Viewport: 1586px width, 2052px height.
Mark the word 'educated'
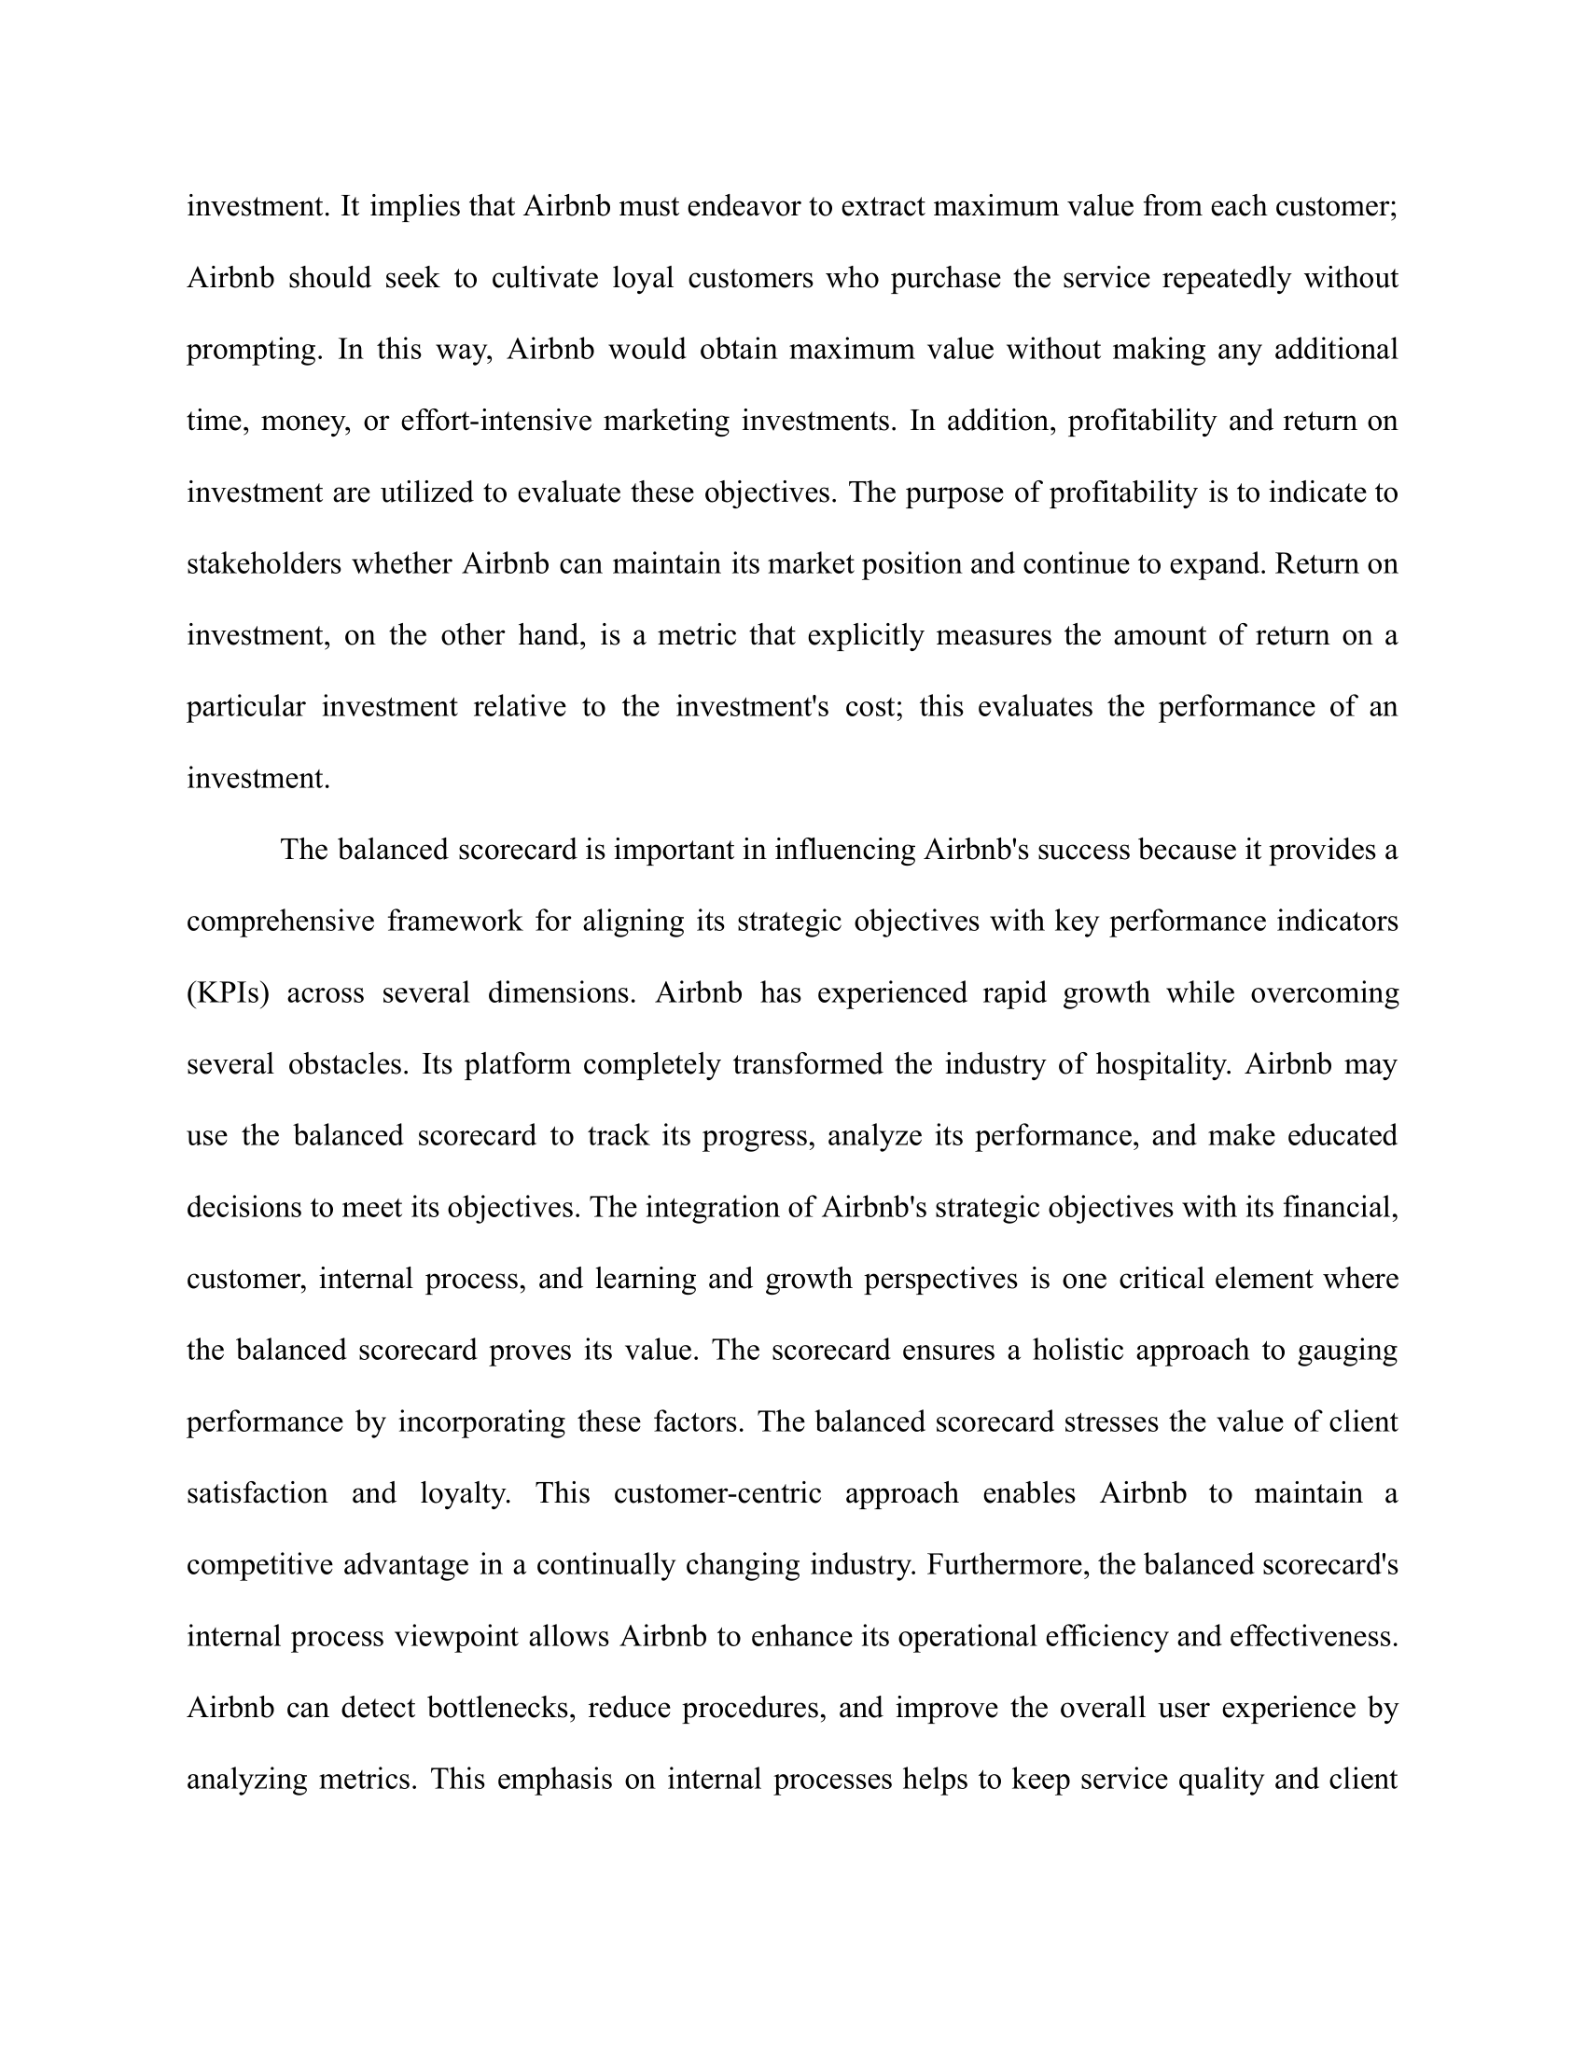[1343, 1137]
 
